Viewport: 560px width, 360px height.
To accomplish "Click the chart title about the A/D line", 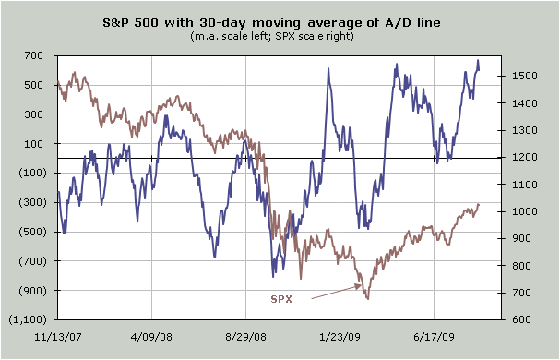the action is click(x=271, y=23).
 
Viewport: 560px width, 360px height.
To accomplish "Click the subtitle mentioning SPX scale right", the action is click(x=272, y=36).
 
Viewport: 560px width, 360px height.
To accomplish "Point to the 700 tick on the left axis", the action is click(x=34, y=55).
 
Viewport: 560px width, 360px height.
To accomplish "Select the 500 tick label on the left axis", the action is click(x=34, y=85).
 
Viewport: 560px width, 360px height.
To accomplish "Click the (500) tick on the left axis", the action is click(x=32, y=232).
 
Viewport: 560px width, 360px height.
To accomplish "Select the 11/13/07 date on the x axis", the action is click(x=58, y=337).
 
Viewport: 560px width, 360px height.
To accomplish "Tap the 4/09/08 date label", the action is click(x=152, y=337).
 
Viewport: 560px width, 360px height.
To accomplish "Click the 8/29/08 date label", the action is click(x=245, y=337).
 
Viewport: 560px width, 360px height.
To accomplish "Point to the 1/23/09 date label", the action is click(x=340, y=337).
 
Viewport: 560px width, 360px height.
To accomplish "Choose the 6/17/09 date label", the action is click(x=434, y=337).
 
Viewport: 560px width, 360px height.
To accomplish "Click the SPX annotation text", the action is click(x=281, y=299).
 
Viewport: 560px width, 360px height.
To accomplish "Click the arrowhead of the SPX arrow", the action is click(x=361, y=285).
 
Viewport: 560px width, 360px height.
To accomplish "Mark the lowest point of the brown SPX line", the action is click(x=368, y=299).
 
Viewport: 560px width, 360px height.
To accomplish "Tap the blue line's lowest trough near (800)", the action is click(x=273, y=277).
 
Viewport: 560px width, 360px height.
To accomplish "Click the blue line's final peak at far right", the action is click(x=478, y=60).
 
